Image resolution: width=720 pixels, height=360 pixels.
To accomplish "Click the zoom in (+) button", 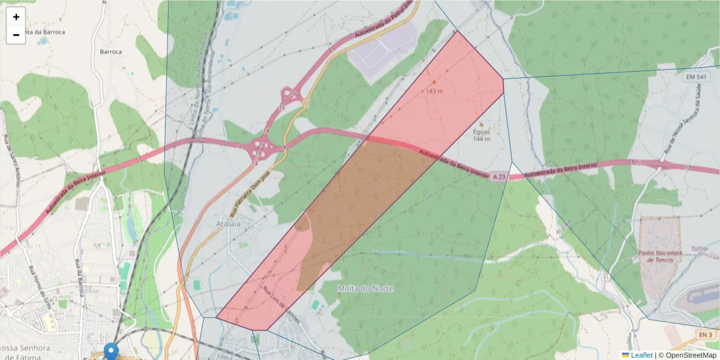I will coord(16,17).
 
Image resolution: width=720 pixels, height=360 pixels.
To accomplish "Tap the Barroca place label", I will coord(111,52).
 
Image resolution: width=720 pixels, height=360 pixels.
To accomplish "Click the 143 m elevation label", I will coord(434,91).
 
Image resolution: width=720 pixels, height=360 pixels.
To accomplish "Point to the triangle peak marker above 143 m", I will coord(434,82).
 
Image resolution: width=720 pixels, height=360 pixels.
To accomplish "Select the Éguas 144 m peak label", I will coord(481,135).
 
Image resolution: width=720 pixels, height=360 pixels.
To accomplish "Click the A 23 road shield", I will coord(499,176).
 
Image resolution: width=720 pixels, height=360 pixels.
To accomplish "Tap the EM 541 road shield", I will coord(697,77).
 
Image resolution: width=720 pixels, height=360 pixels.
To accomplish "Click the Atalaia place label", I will coord(228,224).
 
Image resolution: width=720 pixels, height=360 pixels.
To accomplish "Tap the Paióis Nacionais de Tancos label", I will coord(660,256).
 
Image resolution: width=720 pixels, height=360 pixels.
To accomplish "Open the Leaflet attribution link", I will coord(641,355).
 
